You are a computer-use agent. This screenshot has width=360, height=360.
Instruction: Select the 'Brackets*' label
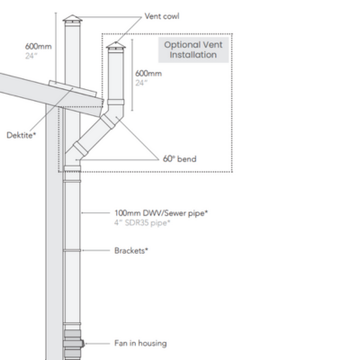click(130, 249)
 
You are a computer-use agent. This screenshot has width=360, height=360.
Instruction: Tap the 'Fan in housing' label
click(140, 342)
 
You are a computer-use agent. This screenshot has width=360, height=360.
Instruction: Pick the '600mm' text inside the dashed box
click(148, 72)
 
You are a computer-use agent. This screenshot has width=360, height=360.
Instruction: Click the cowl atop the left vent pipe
click(71, 19)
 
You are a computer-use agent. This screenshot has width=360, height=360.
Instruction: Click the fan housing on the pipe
click(73, 343)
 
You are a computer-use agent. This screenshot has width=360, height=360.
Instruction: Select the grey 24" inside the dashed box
click(140, 82)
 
